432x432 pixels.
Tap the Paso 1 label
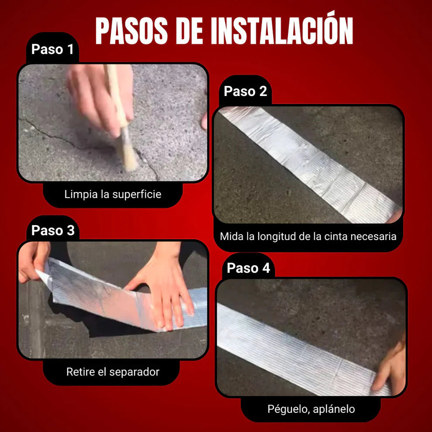click(53, 49)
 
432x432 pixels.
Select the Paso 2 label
click(245, 91)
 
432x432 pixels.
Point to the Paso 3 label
click(53, 230)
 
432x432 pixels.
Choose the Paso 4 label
click(248, 268)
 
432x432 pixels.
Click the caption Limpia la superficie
click(113, 194)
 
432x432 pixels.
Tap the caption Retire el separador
click(113, 372)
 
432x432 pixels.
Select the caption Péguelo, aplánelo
click(311, 409)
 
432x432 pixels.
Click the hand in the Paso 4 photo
click(391, 367)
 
